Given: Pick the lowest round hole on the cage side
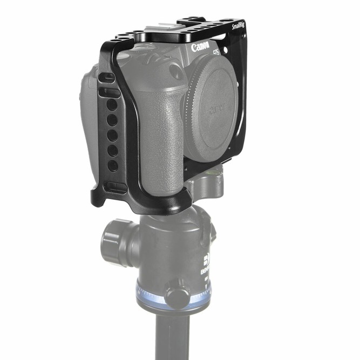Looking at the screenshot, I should tap(112, 166).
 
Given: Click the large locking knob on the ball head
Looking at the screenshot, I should tap(114, 236).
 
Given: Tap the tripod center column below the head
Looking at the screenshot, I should tap(169, 337).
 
